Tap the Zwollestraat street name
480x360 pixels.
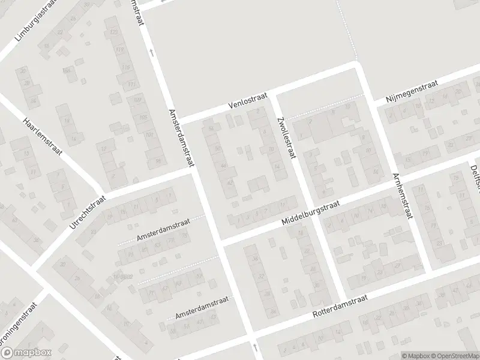[x=284, y=137]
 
